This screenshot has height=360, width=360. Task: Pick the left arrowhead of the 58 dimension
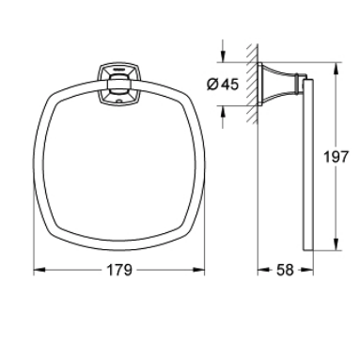(261, 270)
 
